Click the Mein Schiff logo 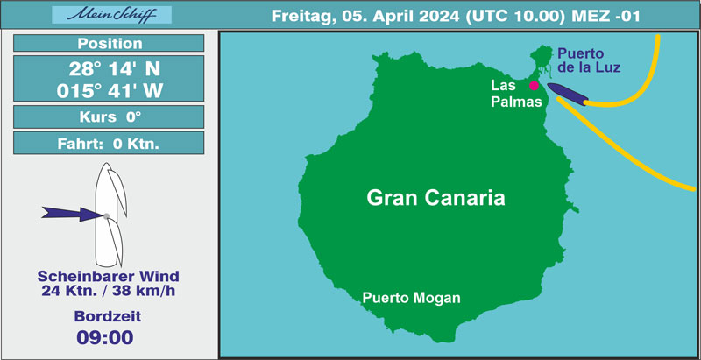click(x=112, y=15)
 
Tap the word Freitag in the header click(x=296, y=17)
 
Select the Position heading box click(x=109, y=43)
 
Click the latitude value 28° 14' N click(x=115, y=69)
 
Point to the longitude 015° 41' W click(x=110, y=91)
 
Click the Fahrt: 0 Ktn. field click(x=109, y=143)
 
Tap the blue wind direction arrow click(x=73, y=214)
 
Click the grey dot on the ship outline click(x=106, y=216)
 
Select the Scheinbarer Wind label click(x=108, y=276)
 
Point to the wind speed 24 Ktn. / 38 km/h click(x=108, y=291)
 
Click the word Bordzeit click(x=108, y=316)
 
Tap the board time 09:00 click(x=105, y=337)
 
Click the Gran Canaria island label click(x=435, y=197)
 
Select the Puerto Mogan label click(x=411, y=298)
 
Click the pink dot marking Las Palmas click(x=534, y=86)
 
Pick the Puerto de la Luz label click(x=589, y=61)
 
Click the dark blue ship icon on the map click(x=568, y=94)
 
